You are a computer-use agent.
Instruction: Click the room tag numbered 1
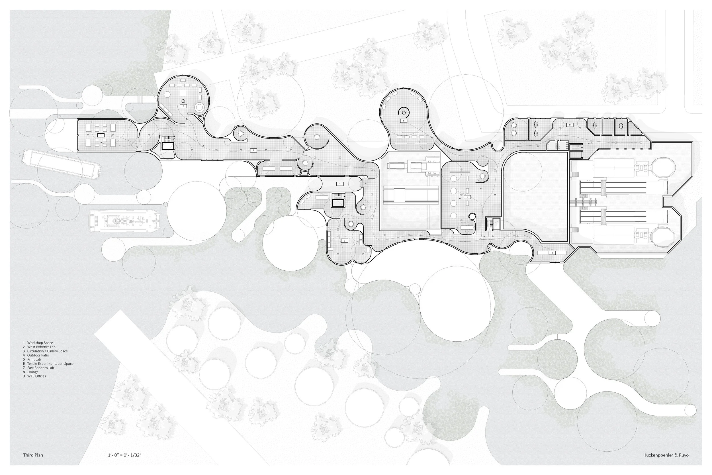[101, 135]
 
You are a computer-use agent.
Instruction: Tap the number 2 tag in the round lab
[183, 106]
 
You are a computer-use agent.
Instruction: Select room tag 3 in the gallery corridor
[253, 150]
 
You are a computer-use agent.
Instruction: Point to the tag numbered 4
[340, 184]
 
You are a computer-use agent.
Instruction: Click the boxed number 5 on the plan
[344, 240]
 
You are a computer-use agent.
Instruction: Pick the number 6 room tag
[404, 121]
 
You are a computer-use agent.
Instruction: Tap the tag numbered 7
[467, 197]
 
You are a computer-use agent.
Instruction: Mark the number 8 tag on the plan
[552, 253]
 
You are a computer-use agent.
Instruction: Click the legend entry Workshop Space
[40, 343]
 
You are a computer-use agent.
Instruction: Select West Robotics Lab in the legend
[41, 347]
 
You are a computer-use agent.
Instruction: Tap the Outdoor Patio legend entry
[38, 355]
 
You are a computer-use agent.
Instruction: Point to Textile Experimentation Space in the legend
[50, 364]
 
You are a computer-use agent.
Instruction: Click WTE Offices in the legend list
[36, 376]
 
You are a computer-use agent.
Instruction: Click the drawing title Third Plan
[33, 455]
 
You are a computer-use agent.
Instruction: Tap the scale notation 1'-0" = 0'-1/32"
[125, 455]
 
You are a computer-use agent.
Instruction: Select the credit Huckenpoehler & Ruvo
[666, 455]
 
